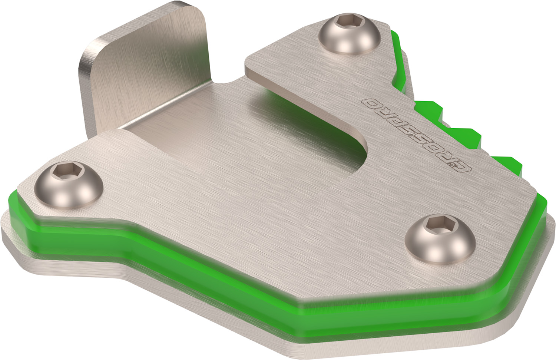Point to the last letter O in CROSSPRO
368,103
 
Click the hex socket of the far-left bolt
60,171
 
